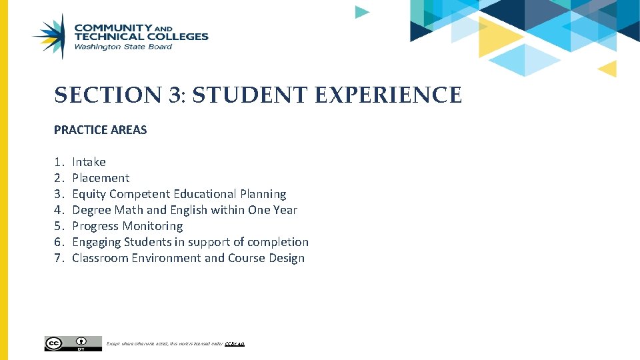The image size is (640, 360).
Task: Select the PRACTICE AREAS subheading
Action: [x=101, y=130]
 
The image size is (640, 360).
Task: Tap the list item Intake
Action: [x=89, y=162]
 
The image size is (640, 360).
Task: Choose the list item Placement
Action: [x=101, y=178]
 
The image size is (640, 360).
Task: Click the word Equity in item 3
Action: [x=89, y=194]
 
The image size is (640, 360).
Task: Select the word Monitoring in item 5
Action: [x=155, y=226]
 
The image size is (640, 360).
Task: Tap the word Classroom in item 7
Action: [x=101, y=258]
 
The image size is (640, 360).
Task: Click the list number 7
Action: [x=58, y=258]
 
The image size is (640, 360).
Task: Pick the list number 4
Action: [x=58, y=210]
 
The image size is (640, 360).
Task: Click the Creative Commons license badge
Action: [x=73, y=343]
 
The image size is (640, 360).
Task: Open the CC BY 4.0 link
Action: [x=235, y=344]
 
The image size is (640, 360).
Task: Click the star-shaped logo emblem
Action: [x=51, y=37]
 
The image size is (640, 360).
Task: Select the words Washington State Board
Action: [x=123, y=47]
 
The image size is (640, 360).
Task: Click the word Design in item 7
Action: [x=287, y=258]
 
